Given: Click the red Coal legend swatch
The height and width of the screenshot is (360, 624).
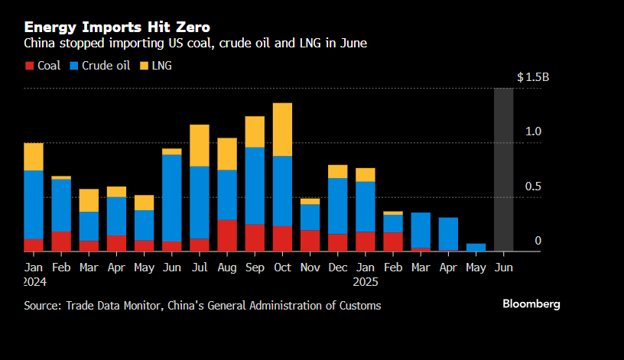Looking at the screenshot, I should [x=29, y=66].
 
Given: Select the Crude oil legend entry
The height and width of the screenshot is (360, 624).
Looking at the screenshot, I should [x=99, y=66].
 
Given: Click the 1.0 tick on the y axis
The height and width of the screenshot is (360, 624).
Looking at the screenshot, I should [x=532, y=131].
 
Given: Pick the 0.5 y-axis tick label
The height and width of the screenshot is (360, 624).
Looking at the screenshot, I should [x=532, y=186].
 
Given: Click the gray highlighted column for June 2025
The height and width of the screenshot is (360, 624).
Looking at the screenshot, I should [x=503, y=169].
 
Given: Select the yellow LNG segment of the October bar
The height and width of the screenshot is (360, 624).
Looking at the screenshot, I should [x=282, y=129].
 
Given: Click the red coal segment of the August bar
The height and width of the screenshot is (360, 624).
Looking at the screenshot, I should [x=227, y=235].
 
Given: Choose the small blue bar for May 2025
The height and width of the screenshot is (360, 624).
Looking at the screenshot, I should [x=476, y=247].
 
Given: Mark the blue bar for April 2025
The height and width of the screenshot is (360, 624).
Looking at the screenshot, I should [x=448, y=233].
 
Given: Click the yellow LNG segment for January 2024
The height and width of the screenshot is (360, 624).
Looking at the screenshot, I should [x=34, y=156].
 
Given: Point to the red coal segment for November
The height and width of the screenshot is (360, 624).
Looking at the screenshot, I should [x=310, y=240].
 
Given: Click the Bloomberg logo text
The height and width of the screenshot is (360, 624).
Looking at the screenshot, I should [x=531, y=304].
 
